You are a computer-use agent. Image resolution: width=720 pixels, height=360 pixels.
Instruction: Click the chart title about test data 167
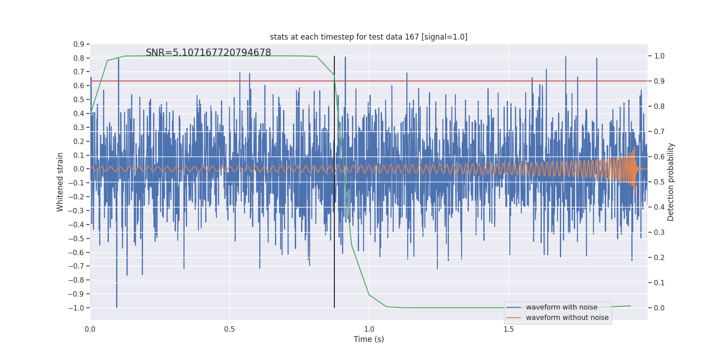pos(369,37)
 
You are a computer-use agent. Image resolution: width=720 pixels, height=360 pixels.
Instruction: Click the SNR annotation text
pos(208,53)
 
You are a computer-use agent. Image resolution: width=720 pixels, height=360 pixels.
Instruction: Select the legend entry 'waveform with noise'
pos(562,307)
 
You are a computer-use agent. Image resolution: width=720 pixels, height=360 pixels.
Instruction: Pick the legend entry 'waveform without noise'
pos(567,318)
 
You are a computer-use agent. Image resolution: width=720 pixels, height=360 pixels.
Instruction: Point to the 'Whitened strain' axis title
pos(60,182)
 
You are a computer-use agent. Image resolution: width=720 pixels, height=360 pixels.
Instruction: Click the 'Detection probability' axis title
pos(671,182)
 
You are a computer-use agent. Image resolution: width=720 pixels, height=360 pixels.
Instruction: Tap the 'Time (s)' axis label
pos(369,339)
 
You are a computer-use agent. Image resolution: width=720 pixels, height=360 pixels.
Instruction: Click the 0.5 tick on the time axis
pos(229,329)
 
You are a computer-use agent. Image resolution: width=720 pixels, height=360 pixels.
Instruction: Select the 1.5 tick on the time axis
pos(508,329)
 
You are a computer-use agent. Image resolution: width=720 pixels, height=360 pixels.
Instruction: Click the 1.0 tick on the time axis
pos(369,329)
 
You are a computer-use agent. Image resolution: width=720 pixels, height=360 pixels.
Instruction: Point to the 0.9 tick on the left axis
pos(79,44)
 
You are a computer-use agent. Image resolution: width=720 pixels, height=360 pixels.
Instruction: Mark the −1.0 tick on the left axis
pos(76,308)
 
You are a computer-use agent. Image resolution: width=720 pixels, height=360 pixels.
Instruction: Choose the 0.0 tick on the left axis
pos(79,169)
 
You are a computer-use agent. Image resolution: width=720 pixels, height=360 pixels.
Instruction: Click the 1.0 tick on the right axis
pos(659,56)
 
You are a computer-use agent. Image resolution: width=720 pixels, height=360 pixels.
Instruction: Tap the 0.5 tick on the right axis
pos(659,182)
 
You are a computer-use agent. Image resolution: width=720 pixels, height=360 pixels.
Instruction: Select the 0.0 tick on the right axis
pos(659,308)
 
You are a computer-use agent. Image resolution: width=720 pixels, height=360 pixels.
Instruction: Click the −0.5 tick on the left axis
pos(76,238)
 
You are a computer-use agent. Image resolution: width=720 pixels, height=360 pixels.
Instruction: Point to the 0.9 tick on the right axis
pos(659,81)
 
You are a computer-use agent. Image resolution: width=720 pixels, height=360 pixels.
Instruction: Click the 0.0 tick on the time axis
pos(90,329)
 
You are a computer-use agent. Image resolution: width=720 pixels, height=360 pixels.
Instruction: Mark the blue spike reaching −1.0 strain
pos(117,306)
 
